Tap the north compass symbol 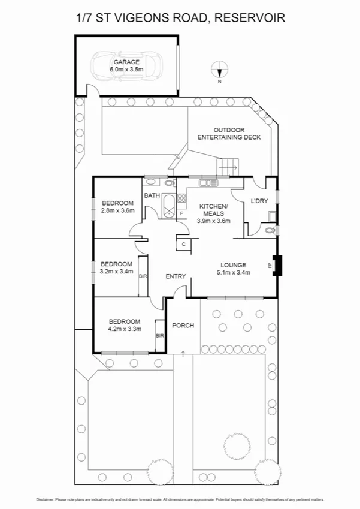(x=220, y=71)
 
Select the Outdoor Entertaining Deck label (x=229, y=134)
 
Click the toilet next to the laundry (x=270, y=230)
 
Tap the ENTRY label (x=176, y=276)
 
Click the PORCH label (x=183, y=326)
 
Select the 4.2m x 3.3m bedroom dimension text (x=125, y=329)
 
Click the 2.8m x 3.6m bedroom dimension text (x=117, y=210)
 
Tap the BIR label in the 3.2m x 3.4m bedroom (x=143, y=276)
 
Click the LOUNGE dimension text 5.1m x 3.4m (x=234, y=272)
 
